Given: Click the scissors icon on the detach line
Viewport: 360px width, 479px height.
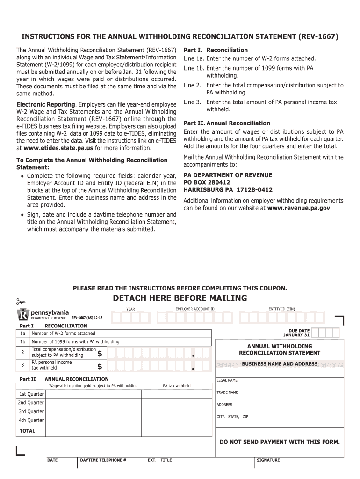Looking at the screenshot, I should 21,302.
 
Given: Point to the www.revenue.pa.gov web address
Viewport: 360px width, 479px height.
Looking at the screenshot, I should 299,208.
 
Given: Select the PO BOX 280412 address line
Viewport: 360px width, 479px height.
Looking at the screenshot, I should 207,182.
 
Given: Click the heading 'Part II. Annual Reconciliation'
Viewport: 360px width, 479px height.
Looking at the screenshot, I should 227,123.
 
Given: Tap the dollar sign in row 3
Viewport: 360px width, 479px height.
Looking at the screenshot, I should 100,367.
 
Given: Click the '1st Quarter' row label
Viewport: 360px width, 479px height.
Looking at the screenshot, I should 31,394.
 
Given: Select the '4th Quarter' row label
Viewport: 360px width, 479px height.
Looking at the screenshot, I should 31,420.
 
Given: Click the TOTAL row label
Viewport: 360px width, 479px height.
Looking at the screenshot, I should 27,431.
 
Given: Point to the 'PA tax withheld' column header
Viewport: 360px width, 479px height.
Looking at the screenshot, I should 177,386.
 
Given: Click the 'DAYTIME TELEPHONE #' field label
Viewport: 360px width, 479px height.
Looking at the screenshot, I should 103,460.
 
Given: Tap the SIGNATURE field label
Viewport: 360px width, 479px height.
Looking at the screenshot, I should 268,460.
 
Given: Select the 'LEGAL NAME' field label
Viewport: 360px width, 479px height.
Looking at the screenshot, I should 227,380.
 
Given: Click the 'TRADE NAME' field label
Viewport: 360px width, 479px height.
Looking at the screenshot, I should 227,392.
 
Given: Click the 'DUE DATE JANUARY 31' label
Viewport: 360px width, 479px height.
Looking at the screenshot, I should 296,333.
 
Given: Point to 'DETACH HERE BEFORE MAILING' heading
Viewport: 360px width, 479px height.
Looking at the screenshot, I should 180,298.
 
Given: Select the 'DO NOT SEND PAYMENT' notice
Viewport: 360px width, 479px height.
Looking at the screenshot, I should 280,442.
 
